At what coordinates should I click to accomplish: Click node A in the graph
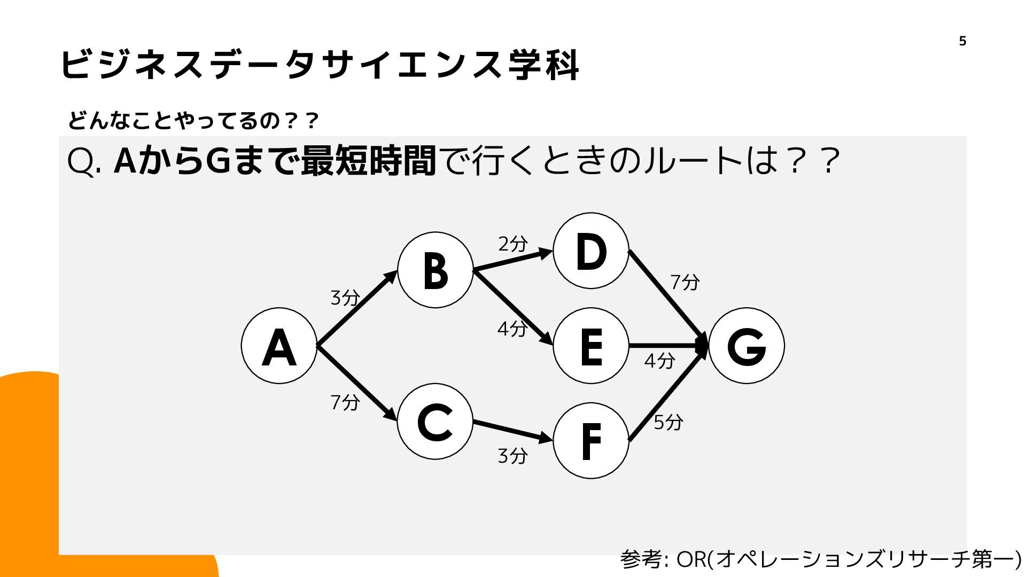click(x=279, y=346)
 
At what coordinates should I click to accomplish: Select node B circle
click(x=435, y=270)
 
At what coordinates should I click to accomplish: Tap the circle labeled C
click(x=435, y=421)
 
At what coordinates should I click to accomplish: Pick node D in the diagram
click(x=590, y=251)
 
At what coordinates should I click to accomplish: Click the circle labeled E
click(x=590, y=346)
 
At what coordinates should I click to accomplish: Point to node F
click(x=590, y=440)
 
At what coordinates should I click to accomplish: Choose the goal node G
click(x=747, y=346)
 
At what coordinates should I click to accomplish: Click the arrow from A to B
click(x=357, y=308)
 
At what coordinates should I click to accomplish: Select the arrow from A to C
click(x=357, y=383)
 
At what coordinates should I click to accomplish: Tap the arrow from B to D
click(x=513, y=260)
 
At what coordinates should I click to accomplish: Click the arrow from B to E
click(x=513, y=308)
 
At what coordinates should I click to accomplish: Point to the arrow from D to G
click(x=668, y=298)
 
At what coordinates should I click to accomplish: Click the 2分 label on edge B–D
click(x=513, y=244)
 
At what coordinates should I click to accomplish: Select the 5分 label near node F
click(x=668, y=422)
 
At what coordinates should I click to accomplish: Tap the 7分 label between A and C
click(x=345, y=402)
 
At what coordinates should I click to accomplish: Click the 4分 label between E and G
click(x=659, y=361)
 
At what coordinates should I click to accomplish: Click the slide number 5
click(x=962, y=41)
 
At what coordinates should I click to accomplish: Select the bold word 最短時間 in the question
click(x=369, y=161)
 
